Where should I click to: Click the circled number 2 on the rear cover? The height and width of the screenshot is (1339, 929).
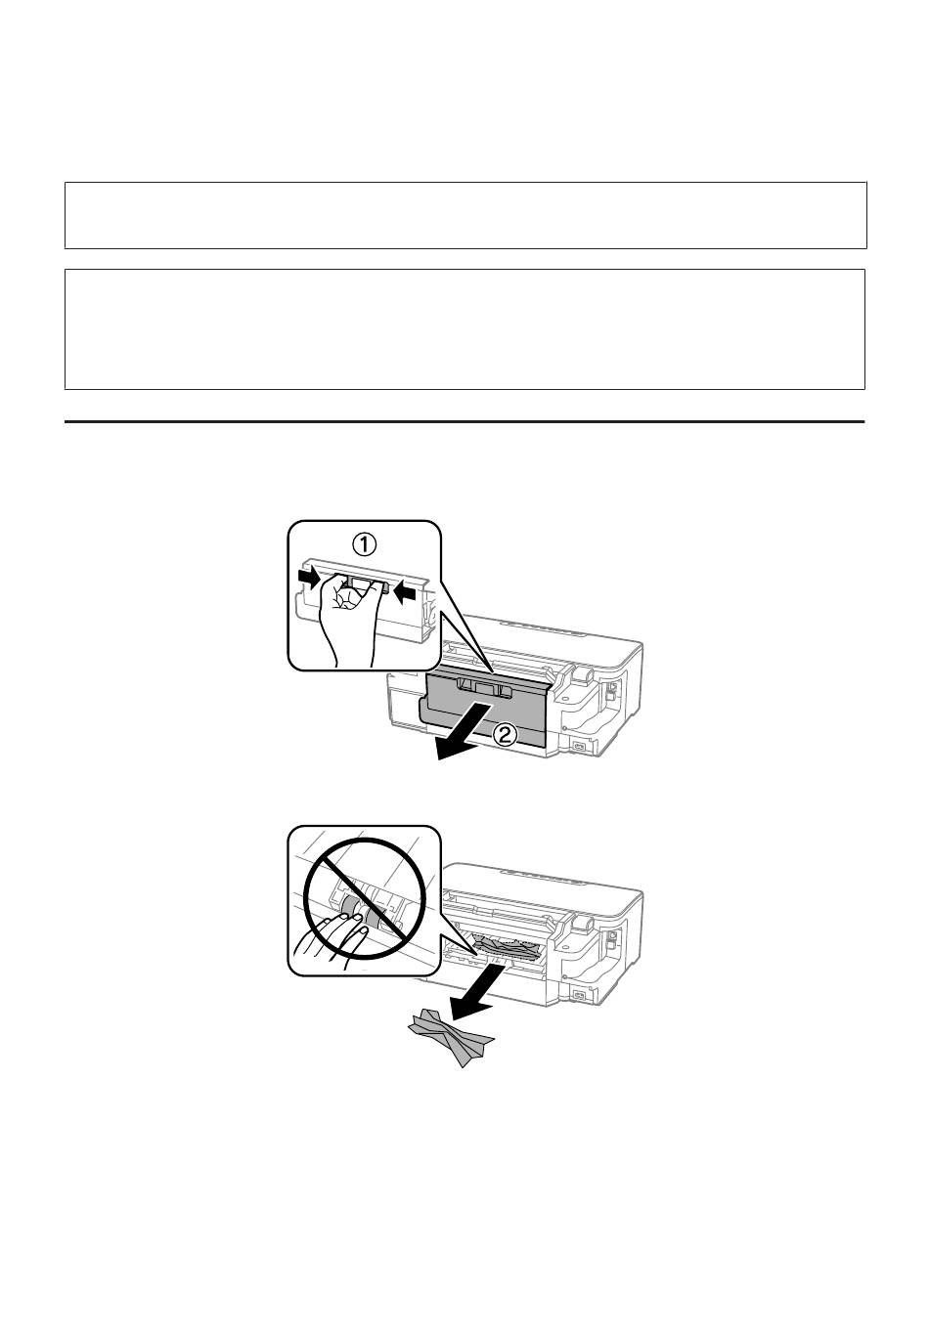(505, 735)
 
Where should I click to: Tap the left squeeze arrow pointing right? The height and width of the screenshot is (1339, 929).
(312, 578)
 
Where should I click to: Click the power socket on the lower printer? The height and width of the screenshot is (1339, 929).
(579, 995)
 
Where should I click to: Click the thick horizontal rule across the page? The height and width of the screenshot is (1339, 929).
(464, 421)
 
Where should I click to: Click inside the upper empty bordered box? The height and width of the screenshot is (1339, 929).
(465, 215)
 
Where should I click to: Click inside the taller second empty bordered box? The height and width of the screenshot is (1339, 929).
(464, 329)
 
